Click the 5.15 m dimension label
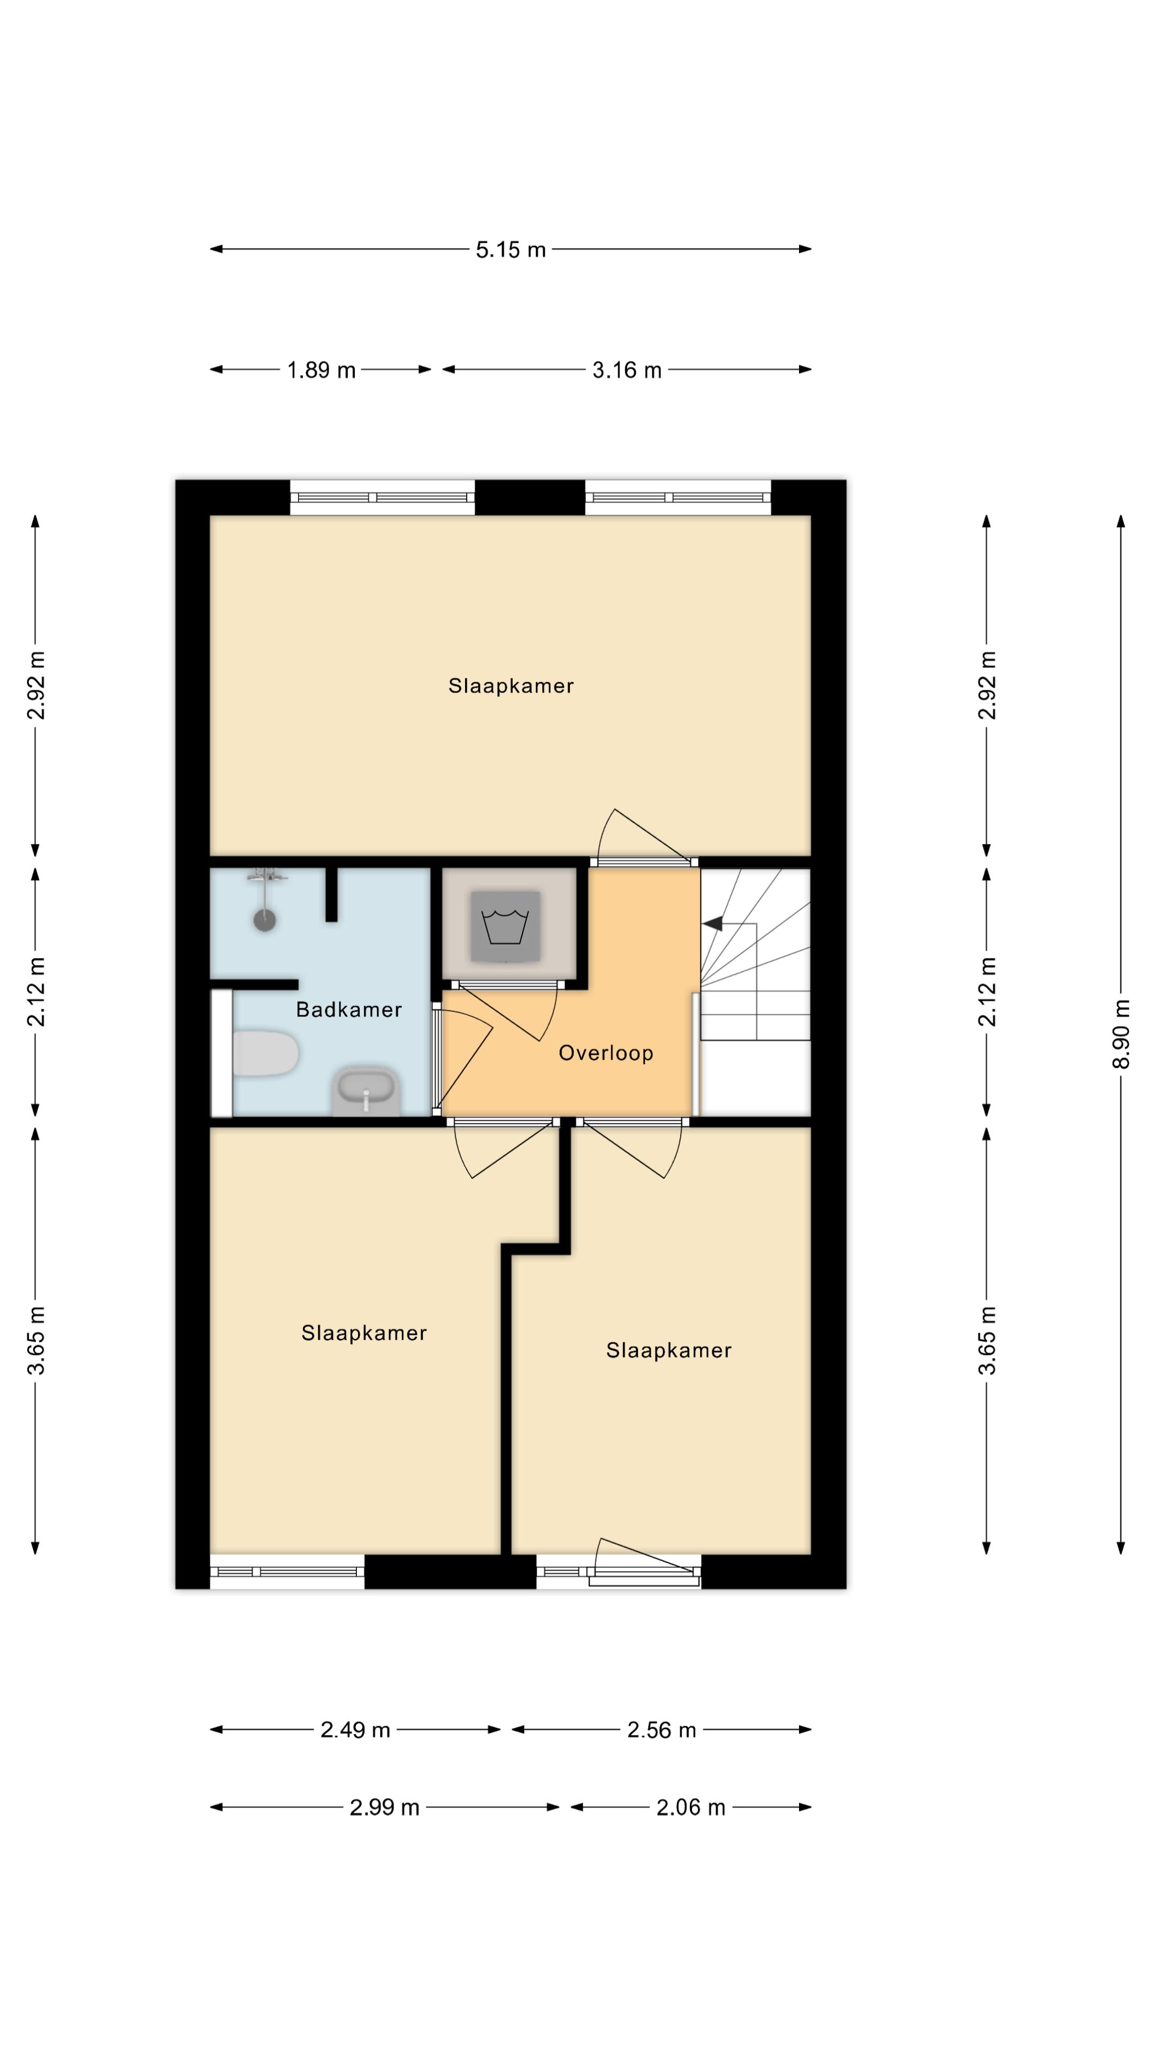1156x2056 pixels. pos(511,250)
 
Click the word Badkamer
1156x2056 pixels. pos(348,1010)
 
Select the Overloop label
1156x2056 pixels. pos(605,1054)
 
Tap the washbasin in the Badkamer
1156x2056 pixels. pos(366,1090)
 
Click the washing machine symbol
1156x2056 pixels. pos(505,926)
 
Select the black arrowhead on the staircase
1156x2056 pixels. pos(712,924)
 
